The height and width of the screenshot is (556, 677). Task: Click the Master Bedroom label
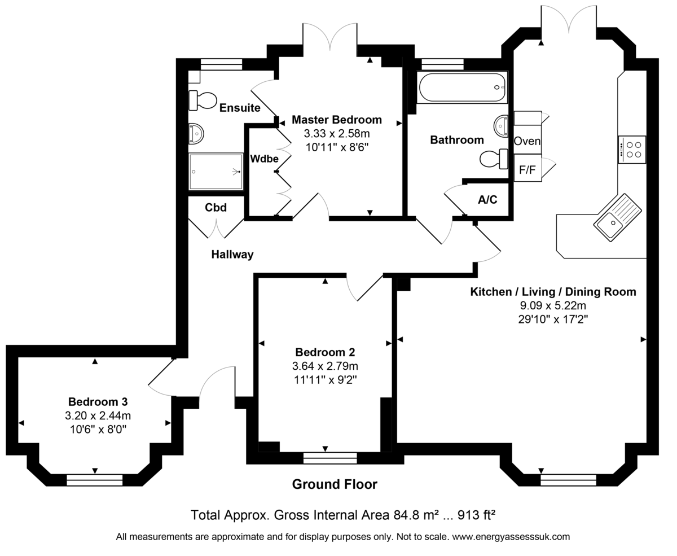coord(336,120)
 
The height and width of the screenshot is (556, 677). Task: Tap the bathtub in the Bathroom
coord(462,87)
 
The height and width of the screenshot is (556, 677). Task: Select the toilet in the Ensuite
coord(202,100)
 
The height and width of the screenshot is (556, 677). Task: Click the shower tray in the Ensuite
coord(216,172)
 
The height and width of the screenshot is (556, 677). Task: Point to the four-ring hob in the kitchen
coord(631,150)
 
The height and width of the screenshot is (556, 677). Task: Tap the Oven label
coord(527,141)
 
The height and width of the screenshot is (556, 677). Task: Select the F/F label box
coord(527,169)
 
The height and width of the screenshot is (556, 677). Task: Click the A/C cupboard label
coord(487,200)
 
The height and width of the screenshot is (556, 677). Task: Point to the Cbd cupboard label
coord(216,208)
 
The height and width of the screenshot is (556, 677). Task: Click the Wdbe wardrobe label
coord(264,159)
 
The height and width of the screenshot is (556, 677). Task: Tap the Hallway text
coord(232,255)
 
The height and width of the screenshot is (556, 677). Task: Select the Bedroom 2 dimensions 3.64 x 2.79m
coord(325,366)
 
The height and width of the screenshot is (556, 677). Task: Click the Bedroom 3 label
coord(98,402)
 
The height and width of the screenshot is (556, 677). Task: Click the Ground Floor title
coord(335,484)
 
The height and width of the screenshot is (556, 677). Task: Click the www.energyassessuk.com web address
coord(511,537)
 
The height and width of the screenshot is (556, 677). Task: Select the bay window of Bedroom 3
coord(94,480)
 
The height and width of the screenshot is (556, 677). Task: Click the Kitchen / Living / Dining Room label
coord(553,292)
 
